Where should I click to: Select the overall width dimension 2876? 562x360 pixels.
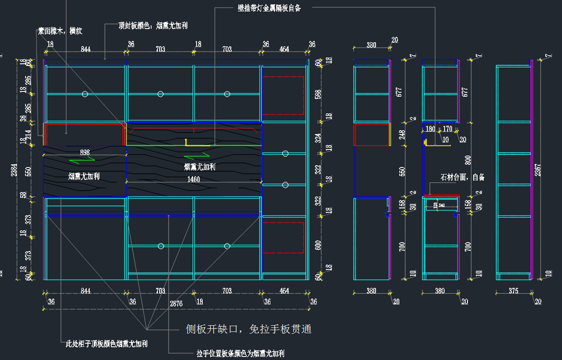pyautogui.click(x=176, y=303)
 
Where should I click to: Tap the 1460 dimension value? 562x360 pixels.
pyautogui.click(x=193, y=179)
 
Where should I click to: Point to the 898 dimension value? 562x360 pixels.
pyautogui.click(x=85, y=152)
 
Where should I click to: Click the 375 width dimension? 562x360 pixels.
pyautogui.click(x=513, y=291)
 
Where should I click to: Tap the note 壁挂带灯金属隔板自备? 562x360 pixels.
pyautogui.click(x=269, y=8)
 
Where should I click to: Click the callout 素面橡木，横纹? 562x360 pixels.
pyautogui.click(x=60, y=31)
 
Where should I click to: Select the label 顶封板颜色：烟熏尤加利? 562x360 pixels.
pyautogui.click(x=153, y=26)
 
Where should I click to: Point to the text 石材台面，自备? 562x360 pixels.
pyautogui.click(x=462, y=177)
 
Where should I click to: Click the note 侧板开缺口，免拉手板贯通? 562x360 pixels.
pyautogui.click(x=249, y=330)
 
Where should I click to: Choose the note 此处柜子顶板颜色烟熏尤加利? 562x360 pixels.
pyautogui.click(x=107, y=344)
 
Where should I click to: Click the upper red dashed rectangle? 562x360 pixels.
pyautogui.click(x=283, y=96)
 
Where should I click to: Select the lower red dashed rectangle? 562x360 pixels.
pyautogui.click(x=283, y=238)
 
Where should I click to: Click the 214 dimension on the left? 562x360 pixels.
pyautogui.click(x=29, y=135)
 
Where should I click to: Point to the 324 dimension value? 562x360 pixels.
pyautogui.click(x=318, y=139)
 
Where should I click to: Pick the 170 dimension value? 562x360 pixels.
pyautogui.click(x=447, y=129)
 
